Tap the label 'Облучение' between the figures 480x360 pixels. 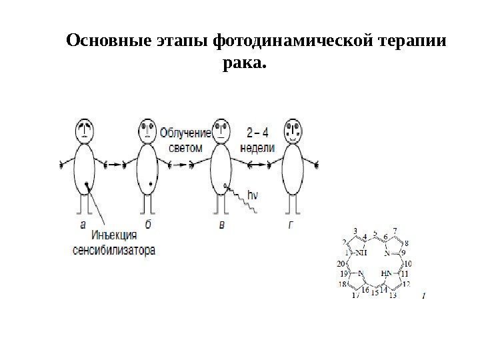tap(185, 133)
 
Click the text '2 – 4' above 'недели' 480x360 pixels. tap(257, 132)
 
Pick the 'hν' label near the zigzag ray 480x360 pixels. tap(253, 195)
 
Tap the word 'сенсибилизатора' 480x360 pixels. tap(114, 251)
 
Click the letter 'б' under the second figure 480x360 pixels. tap(148, 225)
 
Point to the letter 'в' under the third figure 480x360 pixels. tap(221, 225)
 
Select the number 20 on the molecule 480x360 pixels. tap(342, 264)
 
